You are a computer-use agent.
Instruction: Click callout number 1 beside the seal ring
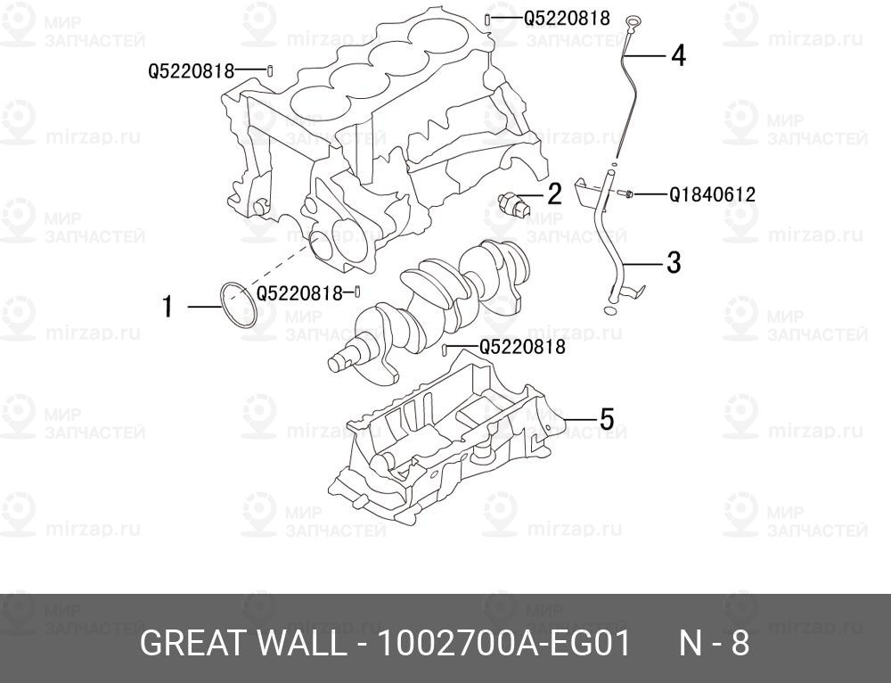(x=168, y=308)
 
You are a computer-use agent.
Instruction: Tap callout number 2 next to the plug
(x=554, y=193)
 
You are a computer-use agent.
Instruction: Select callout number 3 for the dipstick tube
(x=674, y=262)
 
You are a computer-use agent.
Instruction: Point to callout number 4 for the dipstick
(x=678, y=56)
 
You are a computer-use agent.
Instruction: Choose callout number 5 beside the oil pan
(x=606, y=418)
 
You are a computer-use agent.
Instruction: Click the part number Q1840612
(x=712, y=193)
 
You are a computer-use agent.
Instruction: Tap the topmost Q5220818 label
(x=566, y=18)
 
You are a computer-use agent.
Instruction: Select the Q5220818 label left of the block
(x=191, y=70)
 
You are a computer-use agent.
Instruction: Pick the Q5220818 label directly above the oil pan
(x=522, y=348)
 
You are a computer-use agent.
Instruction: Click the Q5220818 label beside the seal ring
(x=299, y=292)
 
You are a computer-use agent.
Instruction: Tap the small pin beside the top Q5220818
(x=488, y=19)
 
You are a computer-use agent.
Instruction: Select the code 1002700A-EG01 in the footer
(x=505, y=643)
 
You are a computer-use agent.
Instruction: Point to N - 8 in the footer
(x=715, y=643)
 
